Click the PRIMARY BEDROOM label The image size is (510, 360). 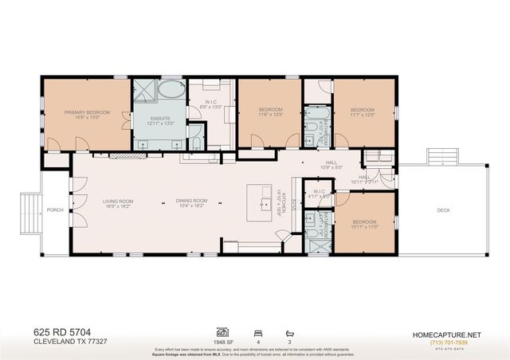pos(86,114)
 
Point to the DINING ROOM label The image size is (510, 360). pos(192,202)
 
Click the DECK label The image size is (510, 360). pos(444,210)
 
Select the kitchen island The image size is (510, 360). pos(259,203)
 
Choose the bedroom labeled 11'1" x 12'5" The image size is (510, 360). pos(363,112)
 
